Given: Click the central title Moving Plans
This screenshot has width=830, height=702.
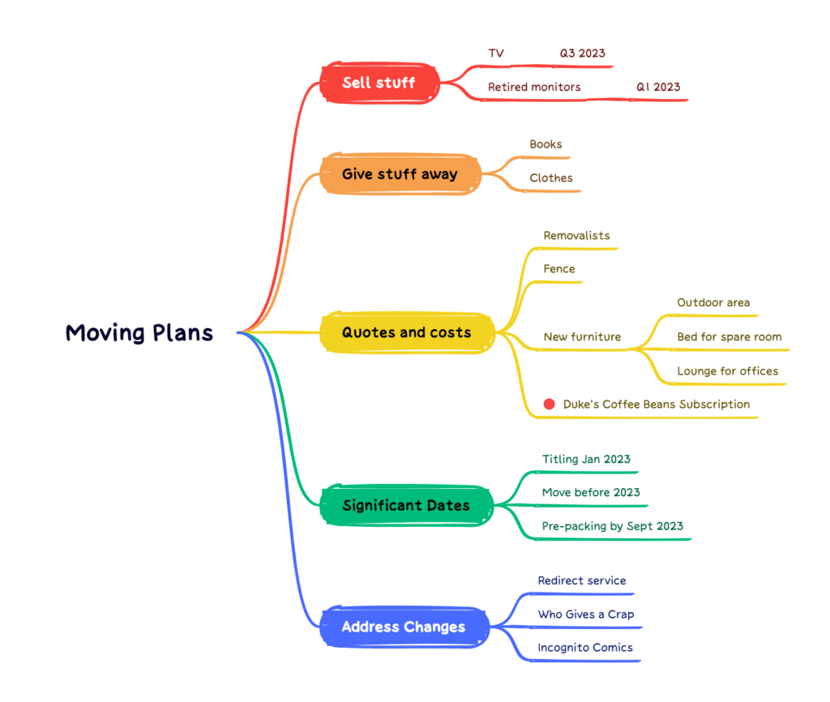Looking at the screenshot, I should point(139,332).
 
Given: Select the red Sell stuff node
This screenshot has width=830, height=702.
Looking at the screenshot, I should point(379,83).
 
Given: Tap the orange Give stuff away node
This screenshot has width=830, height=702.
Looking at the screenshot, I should point(400,173).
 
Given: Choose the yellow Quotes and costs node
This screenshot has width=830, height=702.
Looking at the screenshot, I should point(406,332).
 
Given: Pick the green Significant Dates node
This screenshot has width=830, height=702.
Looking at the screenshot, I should point(405,505).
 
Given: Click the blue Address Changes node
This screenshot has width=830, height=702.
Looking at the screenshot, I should point(404,627).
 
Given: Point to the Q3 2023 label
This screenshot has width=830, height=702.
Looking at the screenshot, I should point(582,54).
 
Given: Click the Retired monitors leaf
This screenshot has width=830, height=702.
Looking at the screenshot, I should point(534,87).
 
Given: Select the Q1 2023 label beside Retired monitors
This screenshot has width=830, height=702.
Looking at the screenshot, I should point(657,87).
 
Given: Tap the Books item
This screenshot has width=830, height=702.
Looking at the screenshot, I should point(545,144).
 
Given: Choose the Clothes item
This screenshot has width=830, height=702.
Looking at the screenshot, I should point(551,178).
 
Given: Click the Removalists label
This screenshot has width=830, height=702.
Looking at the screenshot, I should point(576,236).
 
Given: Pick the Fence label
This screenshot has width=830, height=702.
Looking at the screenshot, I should point(559,269).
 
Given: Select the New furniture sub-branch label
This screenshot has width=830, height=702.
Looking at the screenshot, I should point(582,336).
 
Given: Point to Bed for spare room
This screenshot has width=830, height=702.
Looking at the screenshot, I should point(729,336).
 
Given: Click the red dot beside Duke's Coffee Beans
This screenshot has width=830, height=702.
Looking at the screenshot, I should point(550,404).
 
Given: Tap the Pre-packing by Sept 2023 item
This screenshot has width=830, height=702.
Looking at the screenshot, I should point(612,526).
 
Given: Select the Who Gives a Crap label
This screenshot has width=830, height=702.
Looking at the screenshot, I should point(586,614).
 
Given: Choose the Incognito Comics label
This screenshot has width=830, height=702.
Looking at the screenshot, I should point(585,648).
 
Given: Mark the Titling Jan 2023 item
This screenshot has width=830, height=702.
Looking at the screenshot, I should point(586,460).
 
